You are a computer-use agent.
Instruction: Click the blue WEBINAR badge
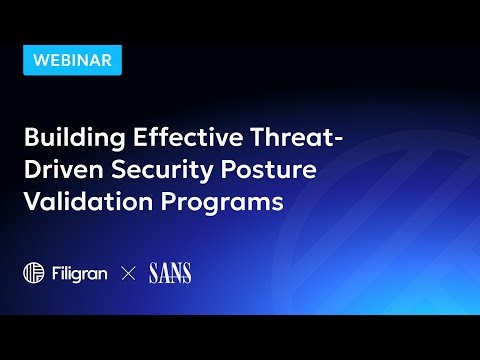72,59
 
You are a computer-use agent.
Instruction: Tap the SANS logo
170,272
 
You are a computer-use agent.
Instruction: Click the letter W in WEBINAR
41,59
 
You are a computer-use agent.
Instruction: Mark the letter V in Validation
32,201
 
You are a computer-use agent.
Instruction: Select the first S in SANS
153,272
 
